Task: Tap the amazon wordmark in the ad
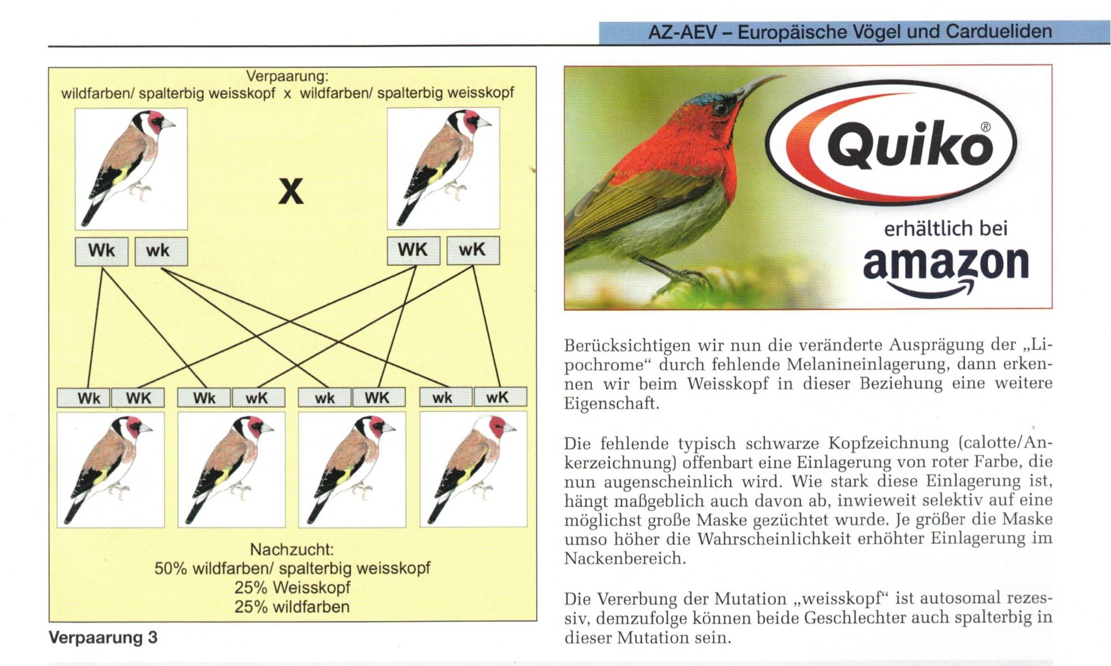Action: [x=945, y=265]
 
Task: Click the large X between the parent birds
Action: [x=291, y=191]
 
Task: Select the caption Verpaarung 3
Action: [x=103, y=637]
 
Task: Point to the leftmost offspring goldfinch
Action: [x=111, y=469]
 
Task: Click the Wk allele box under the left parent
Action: [x=101, y=250]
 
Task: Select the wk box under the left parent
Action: [x=161, y=251]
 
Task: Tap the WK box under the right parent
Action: [x=413, y=250]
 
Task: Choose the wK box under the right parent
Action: [x=472, y=250]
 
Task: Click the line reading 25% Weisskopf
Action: [x=292, y=587]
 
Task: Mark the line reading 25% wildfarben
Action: [x=292, y=607]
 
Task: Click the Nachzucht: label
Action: [x=292, y=550]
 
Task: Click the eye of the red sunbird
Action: [x=720, y=108]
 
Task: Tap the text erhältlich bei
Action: [x=946, y=228]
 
